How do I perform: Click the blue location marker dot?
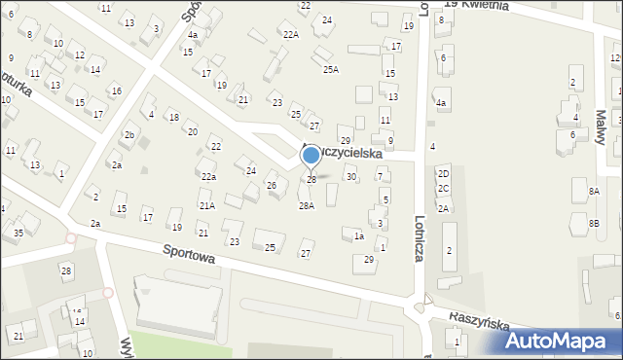click(x=311, y=154)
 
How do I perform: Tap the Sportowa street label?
click(x=188, y=256)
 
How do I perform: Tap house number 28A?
click(x=306, y=206)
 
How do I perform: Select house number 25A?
click(x=331, y=69)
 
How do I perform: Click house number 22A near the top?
click(x=290, y=34)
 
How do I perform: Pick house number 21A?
click(x=207, y=205)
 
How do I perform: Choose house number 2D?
click(x=443, y=173)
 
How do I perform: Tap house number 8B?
click(x=594, y=224)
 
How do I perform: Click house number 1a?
click(x=358, y=236)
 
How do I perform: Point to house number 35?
click(x=18, y=233)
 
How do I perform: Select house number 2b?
click(x=128, y=135)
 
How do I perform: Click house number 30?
click(x=351, y=176)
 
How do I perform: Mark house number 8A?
click(x=594, y=192)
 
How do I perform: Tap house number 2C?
click(x=443, y=188)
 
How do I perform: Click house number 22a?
click(x=208, y=176)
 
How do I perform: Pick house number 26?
click(x=272, y=185)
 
